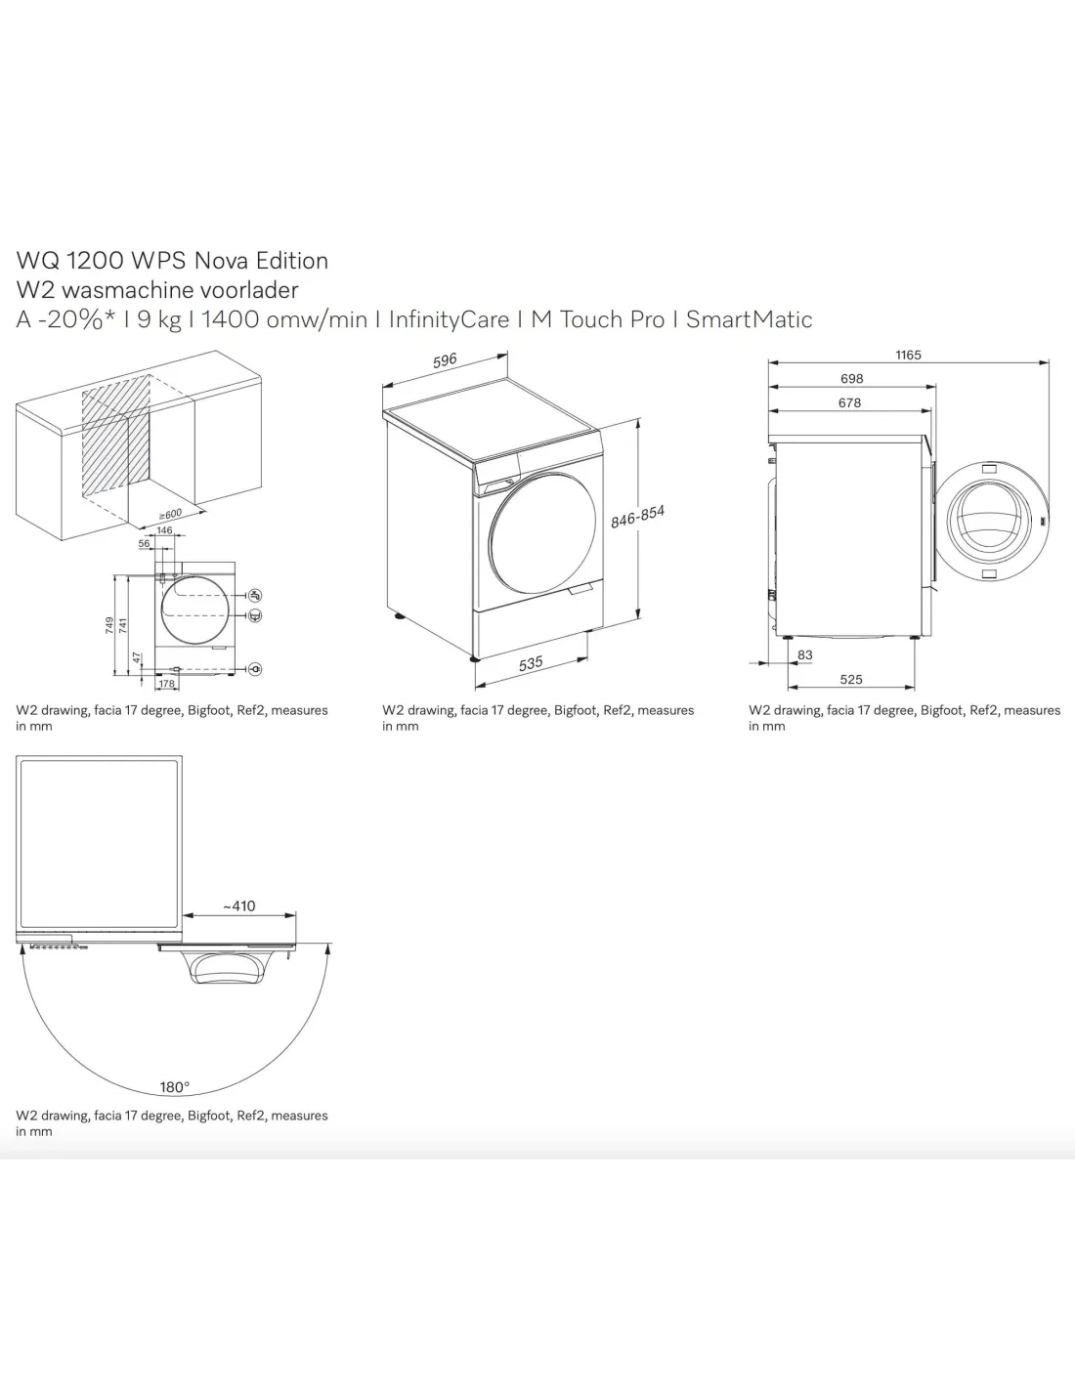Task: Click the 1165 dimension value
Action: click(x=908, y=355)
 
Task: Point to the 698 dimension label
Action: click(x=852, y=378)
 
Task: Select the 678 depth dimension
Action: click(x=850, y=402)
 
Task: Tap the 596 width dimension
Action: click(x=445, y=360)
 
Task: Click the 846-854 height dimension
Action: click(x=637, y=517)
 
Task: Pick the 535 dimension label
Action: click(x=531, y=664)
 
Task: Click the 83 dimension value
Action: click(x=805, y=654)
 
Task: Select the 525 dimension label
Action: click(x=851, y=679)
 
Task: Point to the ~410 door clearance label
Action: click(x=238, y=905)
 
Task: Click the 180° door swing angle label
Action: click(x=175, y=1086)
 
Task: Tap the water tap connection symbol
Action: click(x=255, y=595)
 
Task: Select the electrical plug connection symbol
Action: click(x=255, y=669)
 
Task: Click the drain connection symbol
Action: click(x=255, y=615)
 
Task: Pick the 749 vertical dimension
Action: click(x=110, y=625)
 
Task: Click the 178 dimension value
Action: click(x=166, y=684)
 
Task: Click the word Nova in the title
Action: click(x=221, y=260)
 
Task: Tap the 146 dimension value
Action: click(x=164, y=529)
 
